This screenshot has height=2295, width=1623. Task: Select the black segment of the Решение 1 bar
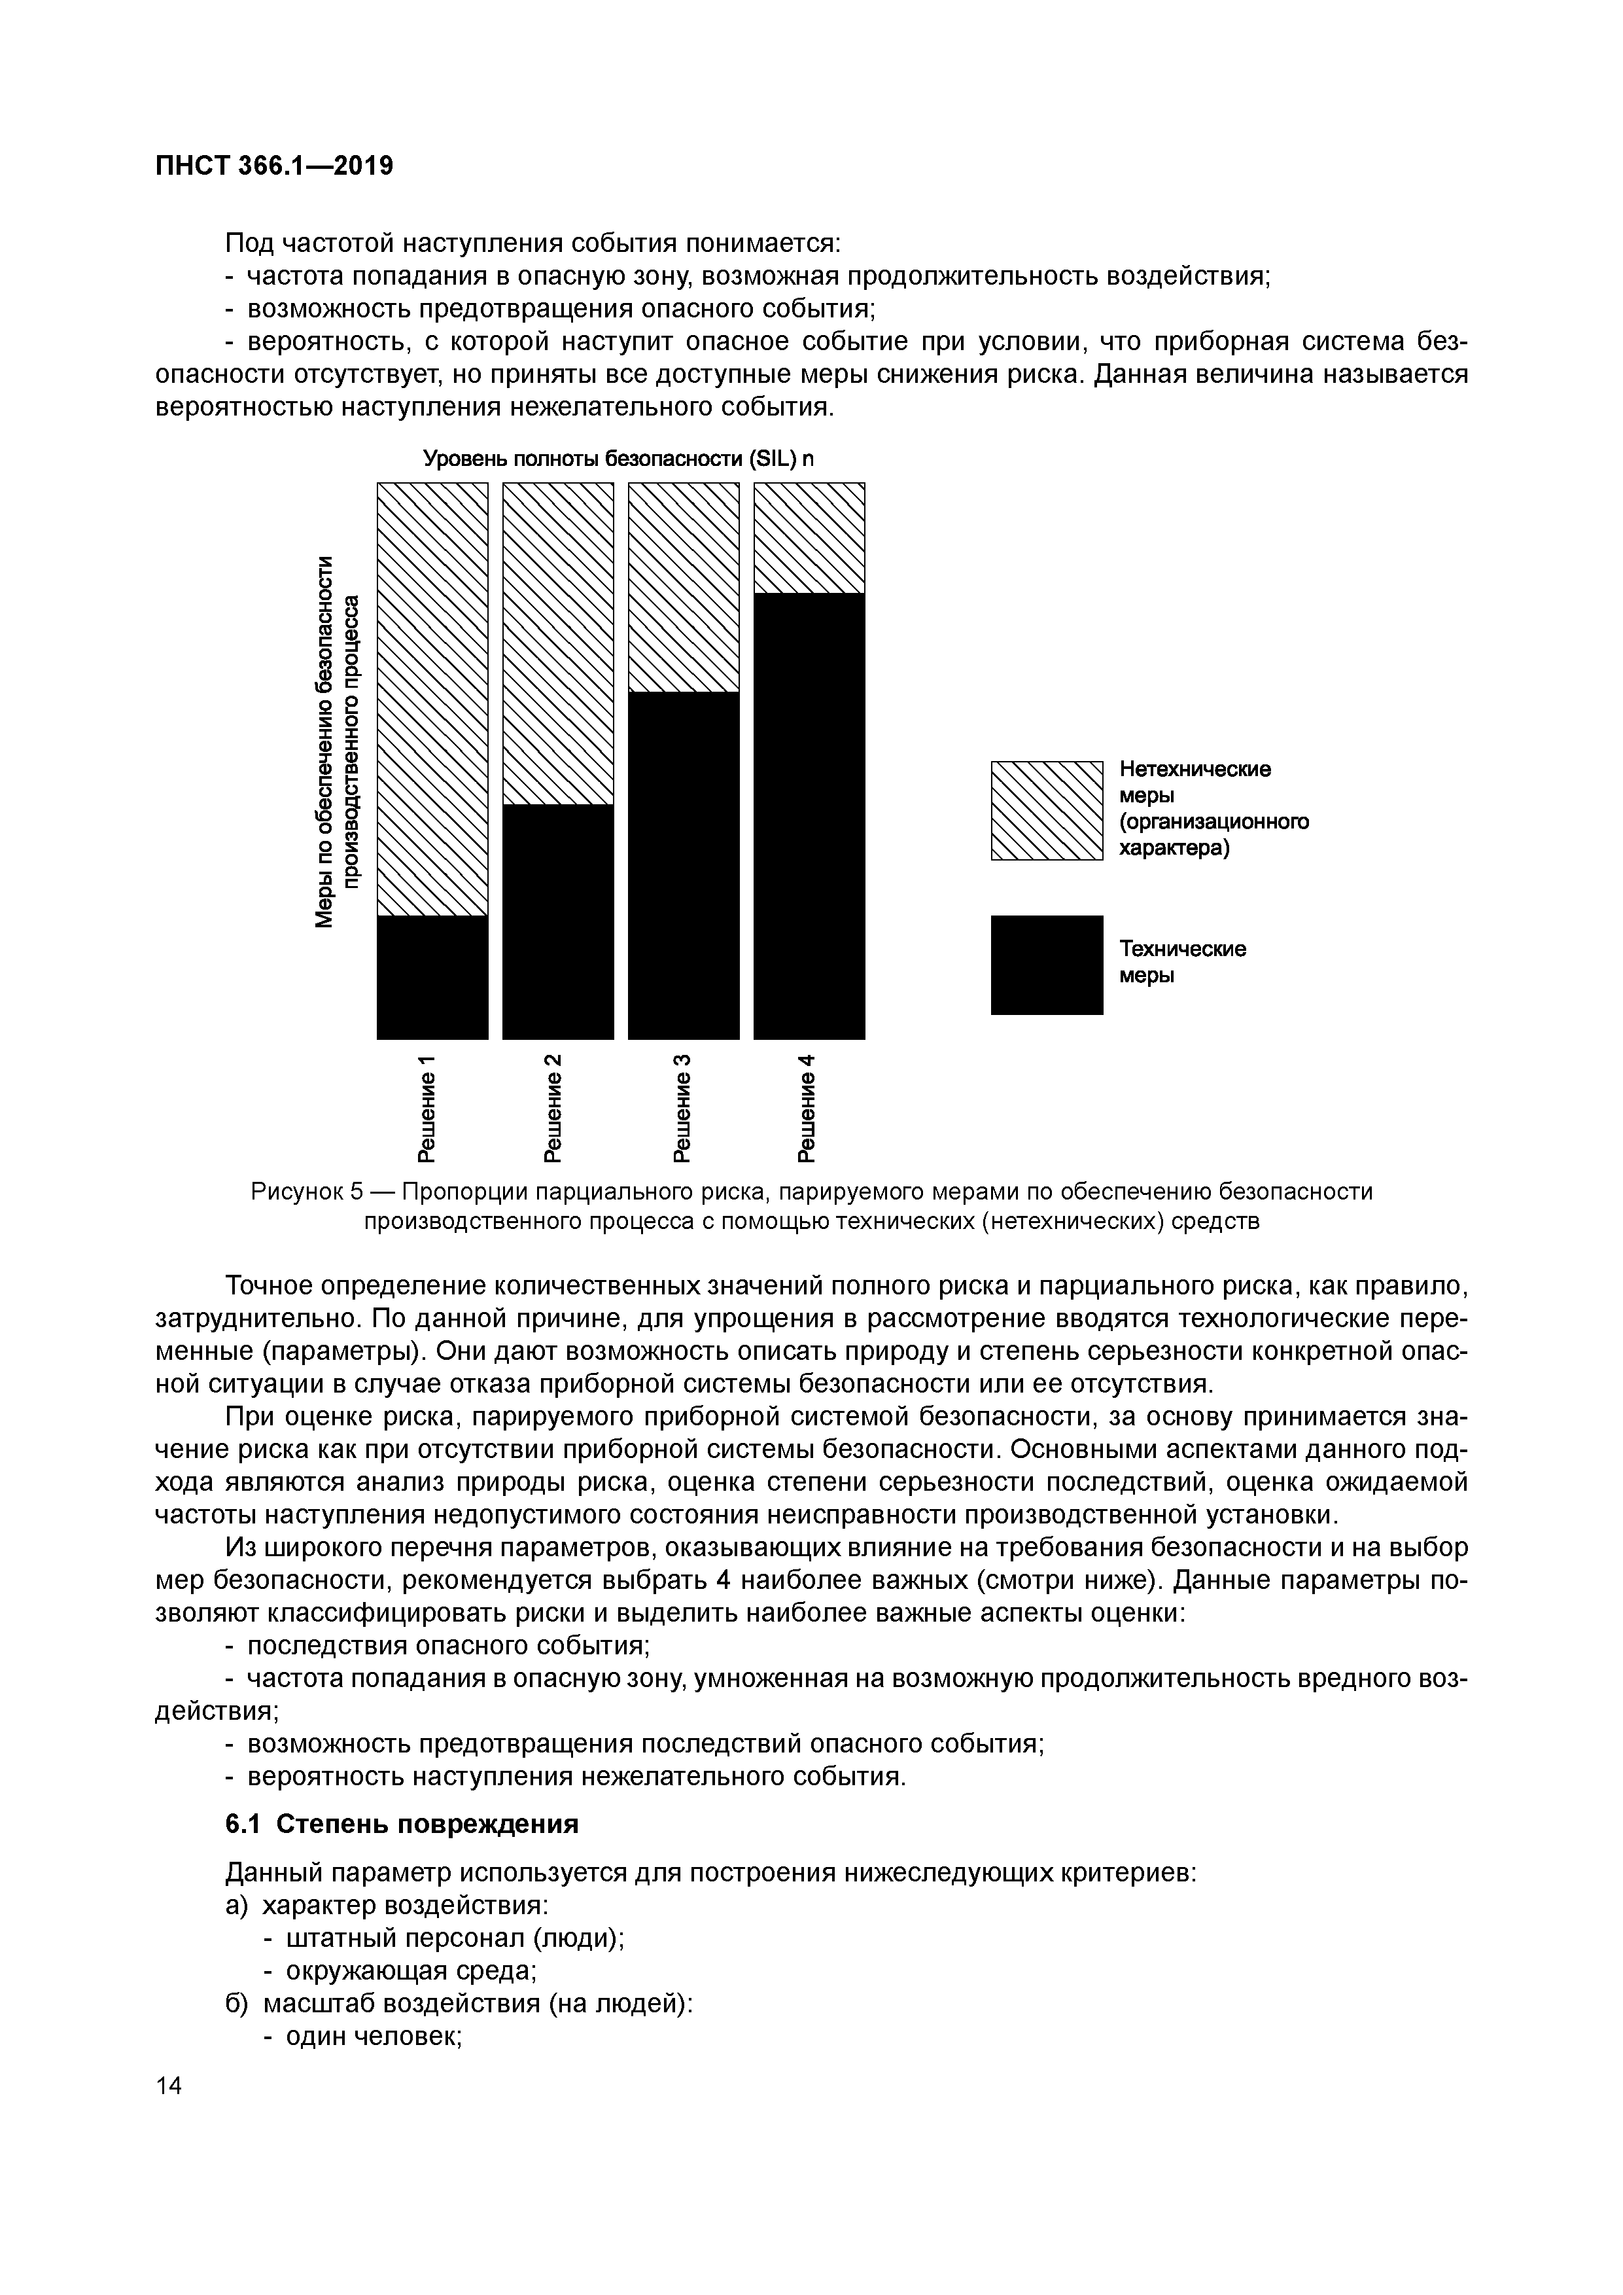pos(432,976)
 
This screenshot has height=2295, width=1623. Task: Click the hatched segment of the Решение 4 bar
pos(809,538)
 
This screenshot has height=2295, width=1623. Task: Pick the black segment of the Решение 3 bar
pos(684,864)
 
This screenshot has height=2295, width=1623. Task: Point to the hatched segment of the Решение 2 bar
pos(557,643)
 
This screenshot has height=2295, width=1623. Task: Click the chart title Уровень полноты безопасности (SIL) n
pos(619,459)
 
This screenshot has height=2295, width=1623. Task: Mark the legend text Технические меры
pos(1182,961)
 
